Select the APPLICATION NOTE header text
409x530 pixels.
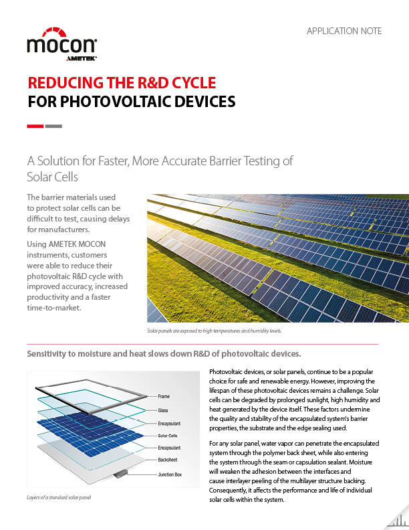click(x=344, y=31)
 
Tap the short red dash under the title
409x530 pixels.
click(x=35, y=126)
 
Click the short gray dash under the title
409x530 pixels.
click(x=53, y=126)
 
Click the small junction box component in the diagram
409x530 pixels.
click(x=120, y=474)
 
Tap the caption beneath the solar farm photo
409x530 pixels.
click(x=214, y=331)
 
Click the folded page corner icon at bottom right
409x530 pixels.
click(x=396, y=517)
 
